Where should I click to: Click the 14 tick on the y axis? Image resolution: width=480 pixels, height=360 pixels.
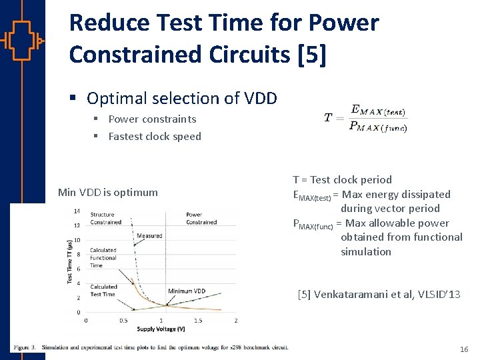[77, 211]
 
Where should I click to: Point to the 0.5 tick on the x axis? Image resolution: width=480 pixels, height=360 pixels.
[123, 321]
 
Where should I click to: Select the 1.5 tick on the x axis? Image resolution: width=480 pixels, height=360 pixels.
[199, 321]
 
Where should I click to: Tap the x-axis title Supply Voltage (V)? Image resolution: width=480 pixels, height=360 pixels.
[161, 329]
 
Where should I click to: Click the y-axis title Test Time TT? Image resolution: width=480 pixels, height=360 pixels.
[70, 261]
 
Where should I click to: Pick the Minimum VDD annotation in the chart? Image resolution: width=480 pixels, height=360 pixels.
[187, 291]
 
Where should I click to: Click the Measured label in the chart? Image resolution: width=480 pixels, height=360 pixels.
[149, 236]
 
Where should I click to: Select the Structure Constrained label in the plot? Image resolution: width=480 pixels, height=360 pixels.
[106, 218]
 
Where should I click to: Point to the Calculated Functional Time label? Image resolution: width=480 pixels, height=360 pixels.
[103, 258]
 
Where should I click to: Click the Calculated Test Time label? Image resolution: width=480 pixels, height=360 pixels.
[103, 290]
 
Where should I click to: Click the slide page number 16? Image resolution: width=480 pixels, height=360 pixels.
[464, 349]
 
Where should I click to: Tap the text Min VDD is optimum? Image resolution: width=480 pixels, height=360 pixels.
[108, 192]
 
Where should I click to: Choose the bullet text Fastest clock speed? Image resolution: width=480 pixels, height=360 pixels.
[155, 136]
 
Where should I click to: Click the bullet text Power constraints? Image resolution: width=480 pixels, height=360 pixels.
[152, 119]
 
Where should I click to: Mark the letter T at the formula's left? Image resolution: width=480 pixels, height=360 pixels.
[328, 118]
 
